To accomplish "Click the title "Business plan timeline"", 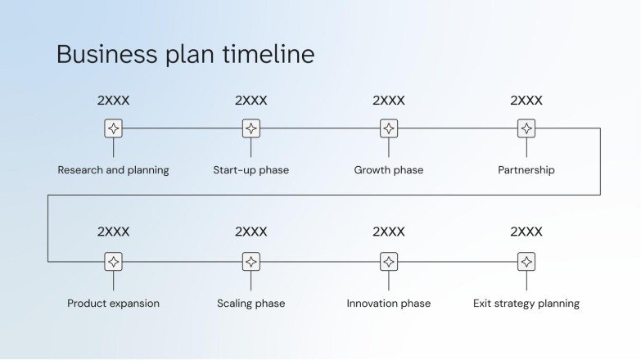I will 185,54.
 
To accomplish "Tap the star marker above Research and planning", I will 113,128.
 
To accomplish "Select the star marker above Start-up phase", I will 251,128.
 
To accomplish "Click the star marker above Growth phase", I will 389,128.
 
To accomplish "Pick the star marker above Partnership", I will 526,128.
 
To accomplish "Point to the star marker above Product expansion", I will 113,262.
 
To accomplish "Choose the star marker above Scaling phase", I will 251,262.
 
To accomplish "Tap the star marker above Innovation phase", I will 389,262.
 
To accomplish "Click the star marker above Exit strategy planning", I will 526,262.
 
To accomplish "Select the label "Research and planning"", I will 113,170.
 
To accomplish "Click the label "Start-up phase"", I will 251,170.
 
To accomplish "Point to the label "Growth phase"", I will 389,170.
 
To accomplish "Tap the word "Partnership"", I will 526,170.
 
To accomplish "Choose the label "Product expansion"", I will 113,304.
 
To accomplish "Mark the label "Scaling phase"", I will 251,304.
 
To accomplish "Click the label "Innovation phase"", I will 389,304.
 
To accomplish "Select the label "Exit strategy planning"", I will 526,304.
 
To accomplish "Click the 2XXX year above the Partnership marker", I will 526,101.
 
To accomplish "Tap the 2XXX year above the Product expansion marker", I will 113,232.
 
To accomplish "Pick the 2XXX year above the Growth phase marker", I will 389,101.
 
